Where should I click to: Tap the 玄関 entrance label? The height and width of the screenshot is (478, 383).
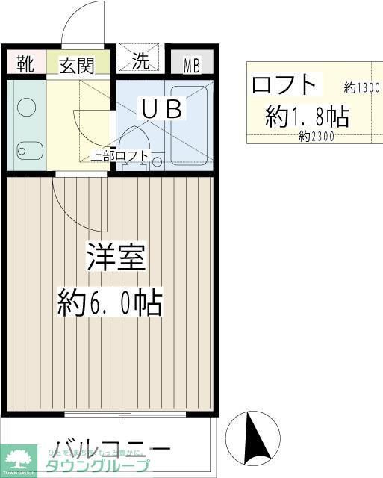click(77, 64)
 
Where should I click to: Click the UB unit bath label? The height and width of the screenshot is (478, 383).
click(163, 109)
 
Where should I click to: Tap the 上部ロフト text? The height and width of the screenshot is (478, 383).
click(119, 157)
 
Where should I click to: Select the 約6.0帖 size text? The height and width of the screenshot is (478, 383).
click(110, 303)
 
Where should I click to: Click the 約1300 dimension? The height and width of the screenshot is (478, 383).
click(362, 87)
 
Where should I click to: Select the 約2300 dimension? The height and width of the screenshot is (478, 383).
click(316, 137)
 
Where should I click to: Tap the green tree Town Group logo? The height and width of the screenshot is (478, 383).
click(20, 458)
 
